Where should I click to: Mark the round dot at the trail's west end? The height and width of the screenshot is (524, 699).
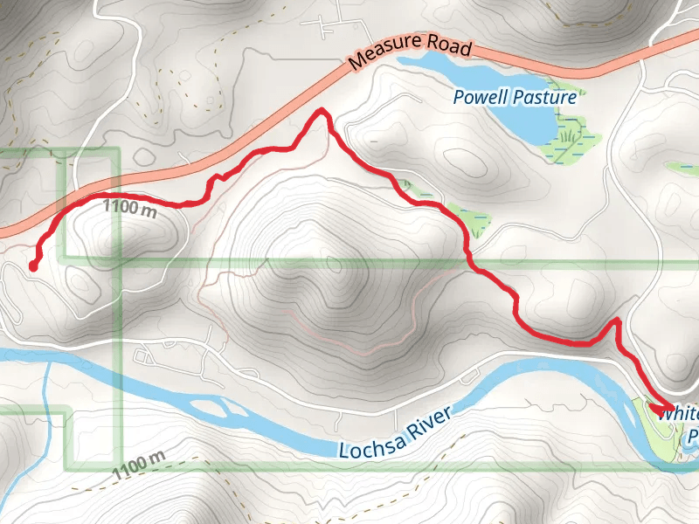(32, 265)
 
